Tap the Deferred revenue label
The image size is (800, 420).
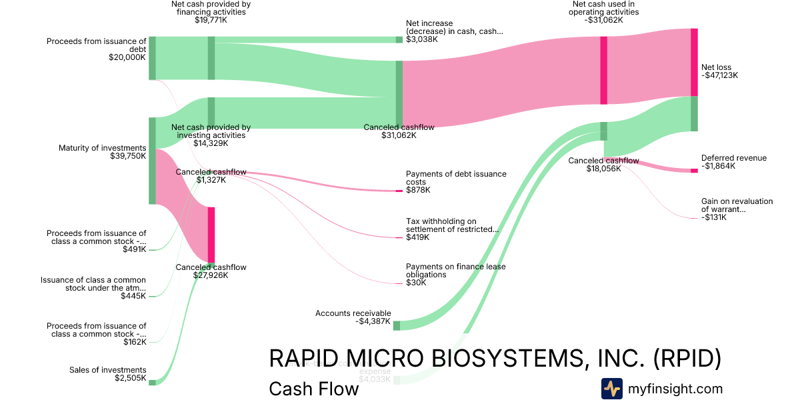click(733, 158)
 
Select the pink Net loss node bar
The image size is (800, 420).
click(694, 62)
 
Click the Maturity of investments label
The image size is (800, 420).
click(102, 148)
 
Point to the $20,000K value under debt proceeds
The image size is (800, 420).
click(127, 57)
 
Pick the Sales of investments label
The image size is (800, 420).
click(107, 370)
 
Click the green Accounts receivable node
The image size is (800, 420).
click(396, 325)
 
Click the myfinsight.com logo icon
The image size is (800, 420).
click(611, 389)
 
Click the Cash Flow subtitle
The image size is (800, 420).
click(313, 389)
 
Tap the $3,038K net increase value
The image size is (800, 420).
click(421, 39)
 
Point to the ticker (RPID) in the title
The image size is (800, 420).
click(687, 358)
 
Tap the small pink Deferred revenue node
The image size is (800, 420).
click(694, 171)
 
